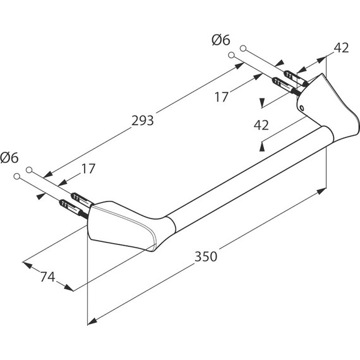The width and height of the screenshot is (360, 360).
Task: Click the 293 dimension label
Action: click(142, 121)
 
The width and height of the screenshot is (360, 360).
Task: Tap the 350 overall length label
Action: click(206, 256)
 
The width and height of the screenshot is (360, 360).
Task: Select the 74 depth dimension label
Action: click(48, 277)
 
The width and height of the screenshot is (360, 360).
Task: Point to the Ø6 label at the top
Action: click(220, 40)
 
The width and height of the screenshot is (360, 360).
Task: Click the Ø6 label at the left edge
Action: click(9, 158)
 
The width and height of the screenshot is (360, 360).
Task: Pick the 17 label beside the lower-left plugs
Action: click(88, 169)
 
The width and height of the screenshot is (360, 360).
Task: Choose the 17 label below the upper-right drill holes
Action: click(222, 97)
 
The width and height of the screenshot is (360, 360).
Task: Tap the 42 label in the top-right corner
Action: click(341, 48)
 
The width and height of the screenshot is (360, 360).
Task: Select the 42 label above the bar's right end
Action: click(261, 125)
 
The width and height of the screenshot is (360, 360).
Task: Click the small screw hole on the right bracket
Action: click(302, 107)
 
